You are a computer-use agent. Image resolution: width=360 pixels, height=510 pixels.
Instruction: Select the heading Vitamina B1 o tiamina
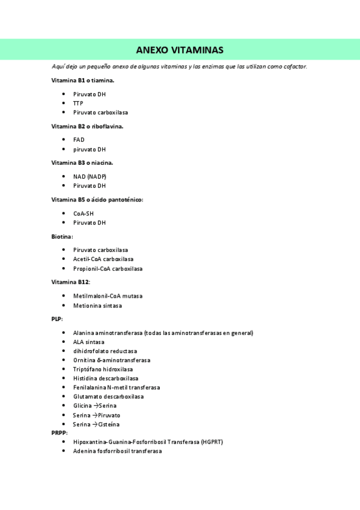83,80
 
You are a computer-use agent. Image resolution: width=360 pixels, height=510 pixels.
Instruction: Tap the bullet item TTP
78,103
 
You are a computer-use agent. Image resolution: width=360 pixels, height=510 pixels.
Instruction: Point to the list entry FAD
79,140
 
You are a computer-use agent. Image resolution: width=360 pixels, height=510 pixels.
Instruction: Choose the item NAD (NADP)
90,176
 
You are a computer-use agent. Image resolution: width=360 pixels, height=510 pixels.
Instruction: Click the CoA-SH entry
84,214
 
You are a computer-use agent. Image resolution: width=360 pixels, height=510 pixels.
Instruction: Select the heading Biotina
62,237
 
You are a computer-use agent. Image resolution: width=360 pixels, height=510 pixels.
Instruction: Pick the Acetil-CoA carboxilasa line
103,259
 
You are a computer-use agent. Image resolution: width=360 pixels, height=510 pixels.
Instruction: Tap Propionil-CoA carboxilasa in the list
108,269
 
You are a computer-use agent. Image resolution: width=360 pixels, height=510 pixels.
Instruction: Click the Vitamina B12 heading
71,281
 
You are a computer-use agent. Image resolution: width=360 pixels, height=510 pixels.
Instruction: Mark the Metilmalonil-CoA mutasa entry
108,296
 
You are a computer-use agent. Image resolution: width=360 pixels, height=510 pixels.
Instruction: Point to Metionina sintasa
97,306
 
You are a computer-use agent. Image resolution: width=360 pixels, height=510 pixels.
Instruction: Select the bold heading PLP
57,319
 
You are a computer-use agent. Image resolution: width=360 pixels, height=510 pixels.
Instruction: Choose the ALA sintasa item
88,342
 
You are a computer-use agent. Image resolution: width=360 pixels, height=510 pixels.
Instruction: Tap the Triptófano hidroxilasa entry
103,369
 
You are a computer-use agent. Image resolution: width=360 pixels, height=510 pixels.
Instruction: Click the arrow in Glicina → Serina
97,406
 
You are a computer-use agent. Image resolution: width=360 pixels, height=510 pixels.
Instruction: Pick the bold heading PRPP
59,432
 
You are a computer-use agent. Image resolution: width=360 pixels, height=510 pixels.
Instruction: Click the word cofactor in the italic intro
294,66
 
